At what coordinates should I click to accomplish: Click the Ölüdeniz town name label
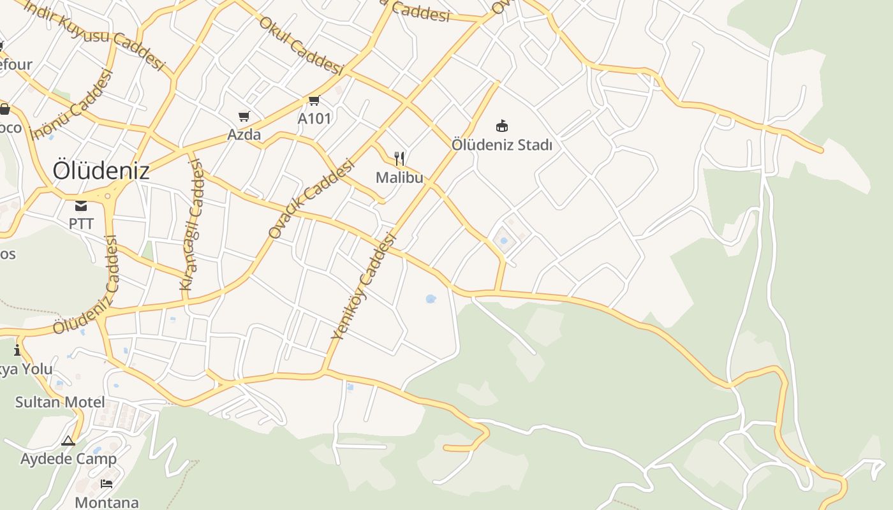point(101,171)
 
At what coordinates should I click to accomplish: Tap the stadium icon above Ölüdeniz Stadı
point(502,126)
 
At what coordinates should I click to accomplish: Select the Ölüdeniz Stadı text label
point(502,145)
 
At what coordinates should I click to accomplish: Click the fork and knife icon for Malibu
point(399,158)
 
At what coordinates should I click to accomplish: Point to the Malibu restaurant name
point(399,177)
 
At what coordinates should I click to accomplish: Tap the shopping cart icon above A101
point(314,100)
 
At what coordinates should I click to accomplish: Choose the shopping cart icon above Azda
point(244,116)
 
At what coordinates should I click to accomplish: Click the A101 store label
point(314,119)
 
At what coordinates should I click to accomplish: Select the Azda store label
point(244,135)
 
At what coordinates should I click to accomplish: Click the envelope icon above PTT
point(81,205)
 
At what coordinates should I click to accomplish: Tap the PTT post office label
point(81,224)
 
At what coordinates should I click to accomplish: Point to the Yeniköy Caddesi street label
point(364,286)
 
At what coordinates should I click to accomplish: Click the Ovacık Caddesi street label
point(311,200)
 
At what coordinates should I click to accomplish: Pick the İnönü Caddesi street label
point(71,104)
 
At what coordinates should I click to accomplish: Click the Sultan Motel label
point(59,402)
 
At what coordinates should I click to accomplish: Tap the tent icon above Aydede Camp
point(68,441)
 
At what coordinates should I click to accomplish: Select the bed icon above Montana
point(107,484)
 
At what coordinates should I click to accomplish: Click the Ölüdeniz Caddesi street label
point(86,285)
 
